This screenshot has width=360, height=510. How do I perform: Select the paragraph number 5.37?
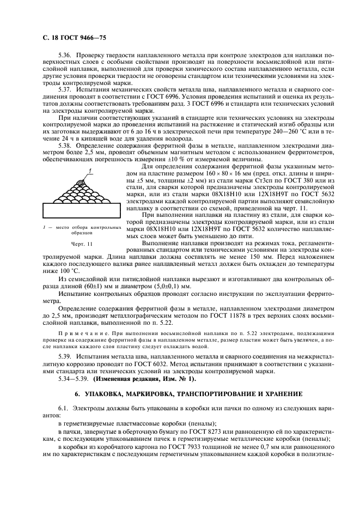[65, 89]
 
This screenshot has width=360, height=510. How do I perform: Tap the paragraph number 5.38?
[65, 145]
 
